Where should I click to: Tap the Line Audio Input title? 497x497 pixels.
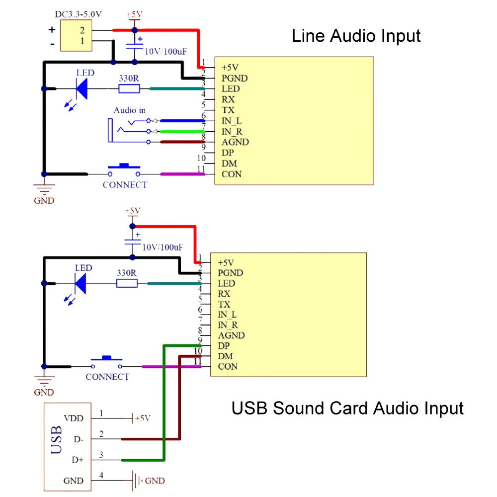pos(356,36)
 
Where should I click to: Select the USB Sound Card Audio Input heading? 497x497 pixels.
pos(347,408)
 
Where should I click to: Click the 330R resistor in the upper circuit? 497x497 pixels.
pos(129,89)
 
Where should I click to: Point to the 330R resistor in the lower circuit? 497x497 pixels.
pos(127,283)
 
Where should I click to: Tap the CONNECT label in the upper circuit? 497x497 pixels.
pos(125,185)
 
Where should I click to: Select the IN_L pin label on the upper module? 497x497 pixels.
pos(232,121)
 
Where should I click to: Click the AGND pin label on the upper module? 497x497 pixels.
pos(235,142)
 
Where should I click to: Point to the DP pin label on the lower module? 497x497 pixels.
pos(224,346)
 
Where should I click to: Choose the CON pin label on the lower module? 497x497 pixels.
pos(228,367)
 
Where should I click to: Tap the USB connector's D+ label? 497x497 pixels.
pos(78,460)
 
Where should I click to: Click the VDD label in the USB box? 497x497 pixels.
pos(74,418)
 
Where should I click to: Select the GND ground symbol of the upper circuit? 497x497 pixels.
pos(44,189)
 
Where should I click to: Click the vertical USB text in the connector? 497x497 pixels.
pos(57,440)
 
